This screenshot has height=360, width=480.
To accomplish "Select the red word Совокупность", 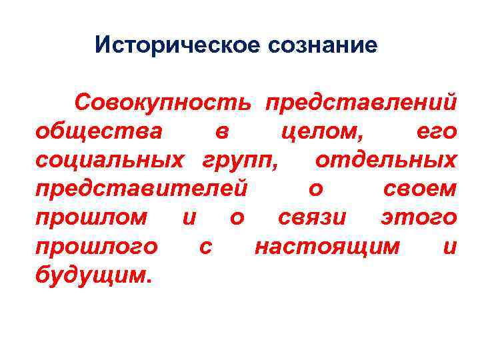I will [x=163, y=103].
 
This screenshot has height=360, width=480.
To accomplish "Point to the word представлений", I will [x=361, y=103].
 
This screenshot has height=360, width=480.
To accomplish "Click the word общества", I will [x=98, y=131].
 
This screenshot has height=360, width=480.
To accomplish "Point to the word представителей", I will [x=141, y=189].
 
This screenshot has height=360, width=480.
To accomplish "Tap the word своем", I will [x=421, y=189].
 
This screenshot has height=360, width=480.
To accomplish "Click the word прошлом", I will [x=91, y=218].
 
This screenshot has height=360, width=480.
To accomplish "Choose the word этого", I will [x=418, y=218].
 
